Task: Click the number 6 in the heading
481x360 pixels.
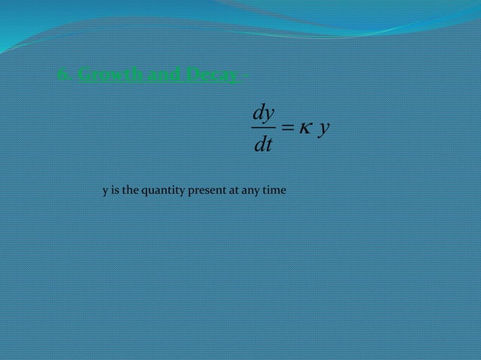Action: [62, 75]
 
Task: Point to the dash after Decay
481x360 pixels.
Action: [247, 75]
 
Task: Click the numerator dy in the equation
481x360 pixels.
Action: [262, 114]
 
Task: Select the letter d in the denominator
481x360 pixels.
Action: [259, 144]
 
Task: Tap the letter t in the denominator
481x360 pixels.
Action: [268, 144]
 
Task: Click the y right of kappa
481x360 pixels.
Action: [323, 130]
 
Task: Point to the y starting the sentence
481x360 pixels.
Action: [106, 191]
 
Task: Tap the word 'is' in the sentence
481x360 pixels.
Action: [115, 191]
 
